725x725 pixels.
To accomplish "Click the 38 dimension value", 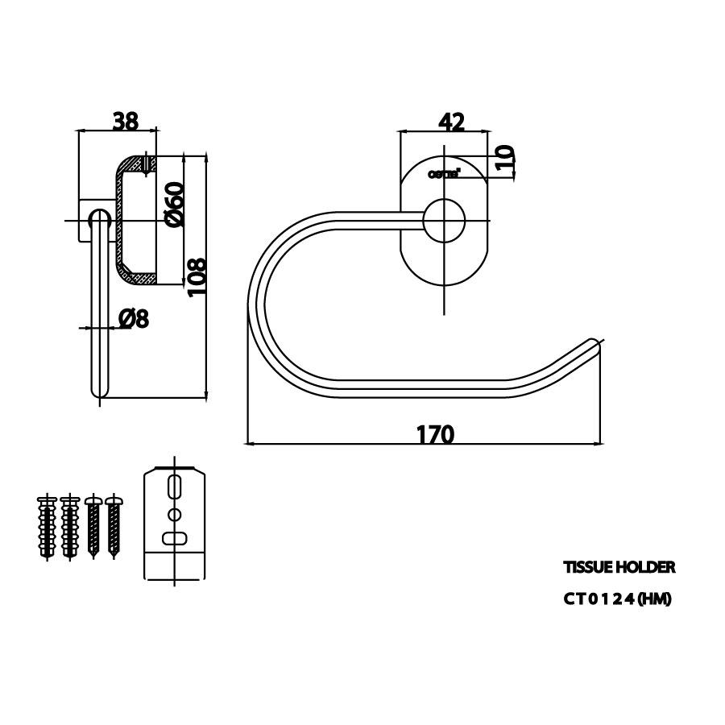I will click(x=125, y=121).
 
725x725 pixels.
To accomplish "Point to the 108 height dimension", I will click(x=197, y=277).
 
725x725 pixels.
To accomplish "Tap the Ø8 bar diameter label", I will click(x=134, y=319).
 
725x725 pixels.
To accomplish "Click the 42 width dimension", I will click(x=451, y=122).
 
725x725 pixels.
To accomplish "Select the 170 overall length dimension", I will click(x=436, y=434).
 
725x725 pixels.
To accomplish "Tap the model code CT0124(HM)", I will click(x=617, y=599).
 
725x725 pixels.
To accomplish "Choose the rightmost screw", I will click(x=114, y=527).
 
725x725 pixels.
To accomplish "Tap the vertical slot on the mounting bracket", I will click(x=175, y=489).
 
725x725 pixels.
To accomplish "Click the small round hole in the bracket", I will click(x=175, y=514).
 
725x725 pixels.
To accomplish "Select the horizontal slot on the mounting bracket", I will click(x=175, y=538).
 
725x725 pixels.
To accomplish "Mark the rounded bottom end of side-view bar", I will click(x=98, y=391).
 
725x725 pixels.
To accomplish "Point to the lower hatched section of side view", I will click(x=135, y=276).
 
